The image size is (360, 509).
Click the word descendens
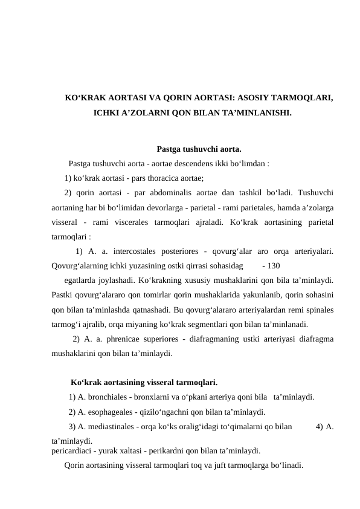pyautogui.click(x=182, y=163)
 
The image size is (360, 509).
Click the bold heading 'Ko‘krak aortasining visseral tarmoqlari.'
pyautogui.click(x=144, y=382)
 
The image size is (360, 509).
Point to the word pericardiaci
pyautogui.click(x=71, y=451)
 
